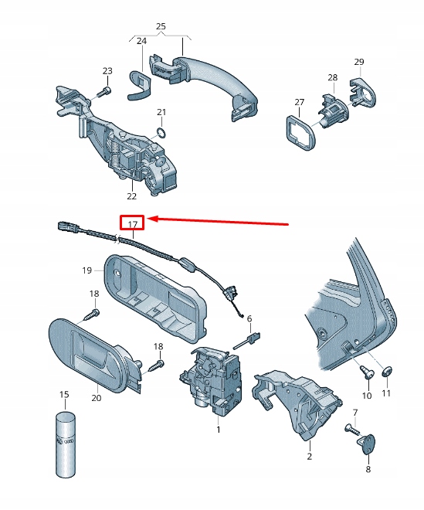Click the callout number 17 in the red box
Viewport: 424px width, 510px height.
[x=132, y=224]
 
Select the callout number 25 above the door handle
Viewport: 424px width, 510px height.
[x=161, y=27]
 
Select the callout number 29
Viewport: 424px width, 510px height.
[x=358, y=61]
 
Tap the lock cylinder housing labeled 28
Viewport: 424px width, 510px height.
[x=333, y=107]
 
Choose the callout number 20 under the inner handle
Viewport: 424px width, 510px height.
[x=96, y=398]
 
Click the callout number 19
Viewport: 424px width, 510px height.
[x=87, y=270]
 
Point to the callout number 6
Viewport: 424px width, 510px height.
[x=249, y=318]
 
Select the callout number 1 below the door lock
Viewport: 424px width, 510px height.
[x=219, y=429]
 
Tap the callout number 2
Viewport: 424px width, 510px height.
[x=309, y=457]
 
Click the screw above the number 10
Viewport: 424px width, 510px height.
[x=367, y=372]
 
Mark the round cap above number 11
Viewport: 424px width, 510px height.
[x=387, y=371]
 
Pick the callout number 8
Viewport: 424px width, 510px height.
[x=368, y=468]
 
